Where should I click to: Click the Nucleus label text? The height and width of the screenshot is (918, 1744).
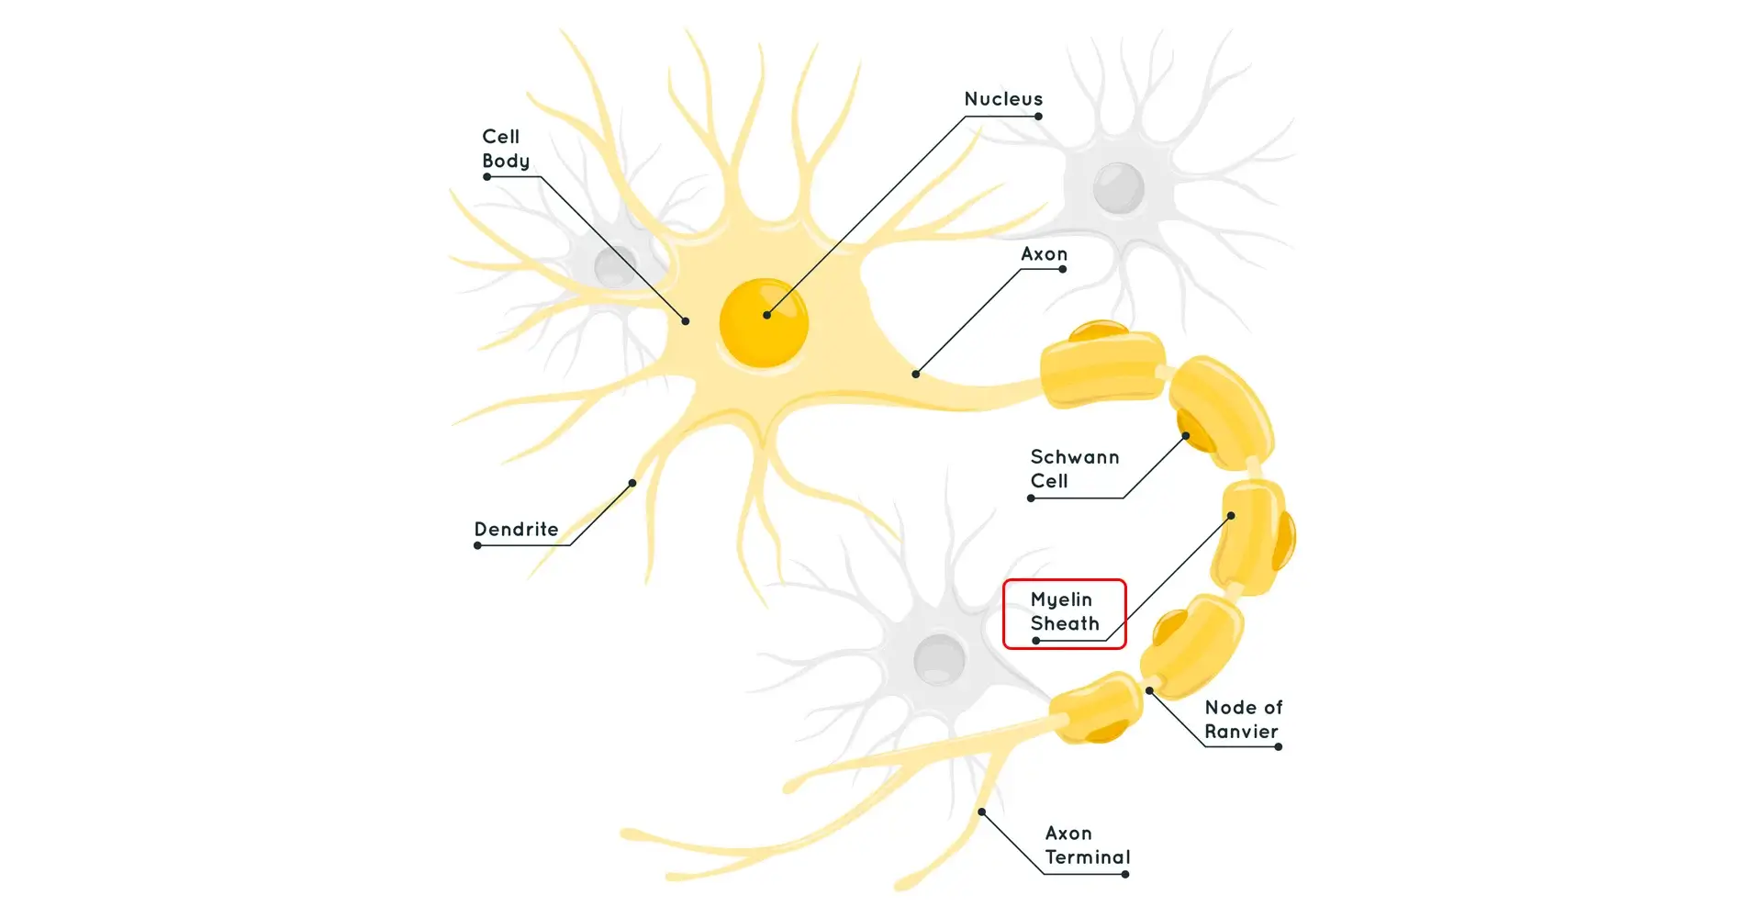click(1003, 99)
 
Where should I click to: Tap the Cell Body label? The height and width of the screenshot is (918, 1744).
click(506, 149)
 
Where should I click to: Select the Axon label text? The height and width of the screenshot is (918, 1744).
click(1044, 254)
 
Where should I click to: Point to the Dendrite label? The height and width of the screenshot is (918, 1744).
click(516, 530)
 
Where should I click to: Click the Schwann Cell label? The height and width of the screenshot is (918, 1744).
click(1074, 469)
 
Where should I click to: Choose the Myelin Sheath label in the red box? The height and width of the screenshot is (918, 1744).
click(1064, 611)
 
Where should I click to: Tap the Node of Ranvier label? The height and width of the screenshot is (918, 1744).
click(1243, 720)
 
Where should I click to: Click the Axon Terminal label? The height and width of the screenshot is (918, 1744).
click(1087, 845)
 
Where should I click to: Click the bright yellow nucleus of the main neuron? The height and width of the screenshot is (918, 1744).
click(763, 323)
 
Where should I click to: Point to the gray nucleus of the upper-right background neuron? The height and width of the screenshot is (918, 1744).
click(1118, 187)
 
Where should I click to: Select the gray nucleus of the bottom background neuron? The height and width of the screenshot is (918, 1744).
click(939, 658)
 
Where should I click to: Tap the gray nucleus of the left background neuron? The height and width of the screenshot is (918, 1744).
click(615, 266)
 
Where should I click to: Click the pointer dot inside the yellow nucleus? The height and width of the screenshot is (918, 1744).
click(766, 315)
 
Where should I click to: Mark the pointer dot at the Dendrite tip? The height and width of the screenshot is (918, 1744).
click(632, 483)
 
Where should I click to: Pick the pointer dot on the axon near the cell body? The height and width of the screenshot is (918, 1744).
click(915, 374)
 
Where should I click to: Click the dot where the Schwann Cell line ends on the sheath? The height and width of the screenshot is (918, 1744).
click(1185, 436)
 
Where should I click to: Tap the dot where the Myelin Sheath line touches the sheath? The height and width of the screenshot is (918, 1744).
click(1231, 516)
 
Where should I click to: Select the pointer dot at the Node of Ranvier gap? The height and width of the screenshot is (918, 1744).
click(1149, 690)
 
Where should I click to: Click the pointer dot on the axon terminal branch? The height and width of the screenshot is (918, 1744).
click(981, 812)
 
